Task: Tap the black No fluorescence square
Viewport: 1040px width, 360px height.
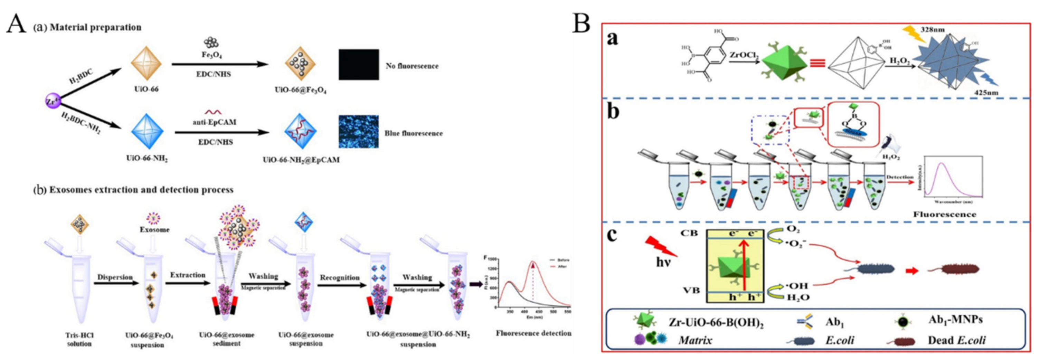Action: [359, 65]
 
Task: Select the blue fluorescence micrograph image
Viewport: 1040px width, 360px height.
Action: [359, 132]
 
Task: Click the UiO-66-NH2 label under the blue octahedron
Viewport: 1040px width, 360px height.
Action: [147, 159]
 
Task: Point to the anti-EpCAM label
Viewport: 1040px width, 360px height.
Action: [214, 122]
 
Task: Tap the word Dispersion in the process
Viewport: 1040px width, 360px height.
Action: [115, 277]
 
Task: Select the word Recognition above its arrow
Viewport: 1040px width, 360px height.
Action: [340, 278]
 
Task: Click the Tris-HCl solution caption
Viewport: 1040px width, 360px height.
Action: [79, 339]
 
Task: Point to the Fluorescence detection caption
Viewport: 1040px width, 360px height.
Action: [533, 333]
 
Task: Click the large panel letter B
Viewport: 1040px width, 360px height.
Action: [582, 24]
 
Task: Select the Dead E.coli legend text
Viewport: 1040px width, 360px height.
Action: [956, 340]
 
